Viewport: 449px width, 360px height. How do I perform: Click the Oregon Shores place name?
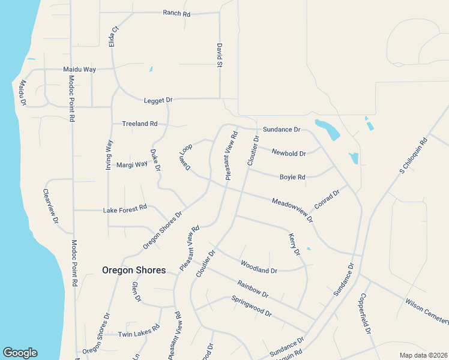click(x=134, y=270)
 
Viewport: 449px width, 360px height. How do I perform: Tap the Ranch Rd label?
click(x=176, y=13)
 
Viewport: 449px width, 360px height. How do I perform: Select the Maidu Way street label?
click(x=80, y=70)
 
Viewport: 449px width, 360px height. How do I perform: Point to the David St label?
click(x=220, y=55)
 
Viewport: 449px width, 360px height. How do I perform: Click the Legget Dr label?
click(x=158, y=100)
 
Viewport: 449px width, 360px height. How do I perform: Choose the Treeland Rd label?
click(x=139, y=124)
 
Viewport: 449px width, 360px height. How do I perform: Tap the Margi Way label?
click(x=131, y=164)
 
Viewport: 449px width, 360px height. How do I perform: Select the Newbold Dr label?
click(x=289, y=153)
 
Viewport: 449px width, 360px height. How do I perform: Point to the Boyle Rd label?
click(x=292, y=177)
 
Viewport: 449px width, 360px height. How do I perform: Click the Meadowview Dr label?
click(x=292, y=209)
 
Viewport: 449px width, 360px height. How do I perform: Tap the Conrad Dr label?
click(x=327, y=199)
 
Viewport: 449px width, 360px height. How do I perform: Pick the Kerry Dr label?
click(x=294, y=245)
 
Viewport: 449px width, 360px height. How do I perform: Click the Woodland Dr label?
click(x=259, y=267)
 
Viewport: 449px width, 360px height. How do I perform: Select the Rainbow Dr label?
click(x=252, y=289)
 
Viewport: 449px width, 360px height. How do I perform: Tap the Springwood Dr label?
click(x=252, y=305)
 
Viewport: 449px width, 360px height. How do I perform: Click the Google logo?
click(x=20, y=353)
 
